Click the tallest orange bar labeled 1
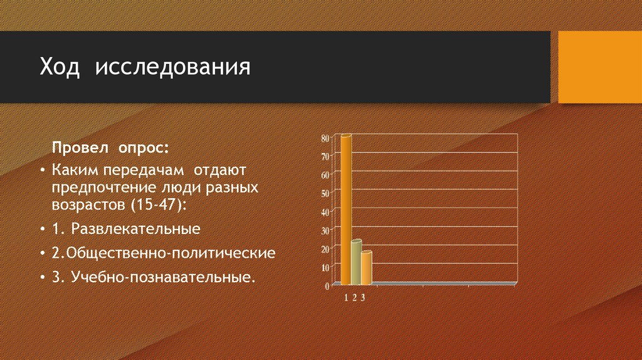pos(345,210)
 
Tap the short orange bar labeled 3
pos(366,268)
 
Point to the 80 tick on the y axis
pos(325,138)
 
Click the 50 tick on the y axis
pos(325,193)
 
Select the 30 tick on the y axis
pos(325,230)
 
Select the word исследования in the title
pos(172,67)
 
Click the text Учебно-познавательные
pos(164,277)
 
